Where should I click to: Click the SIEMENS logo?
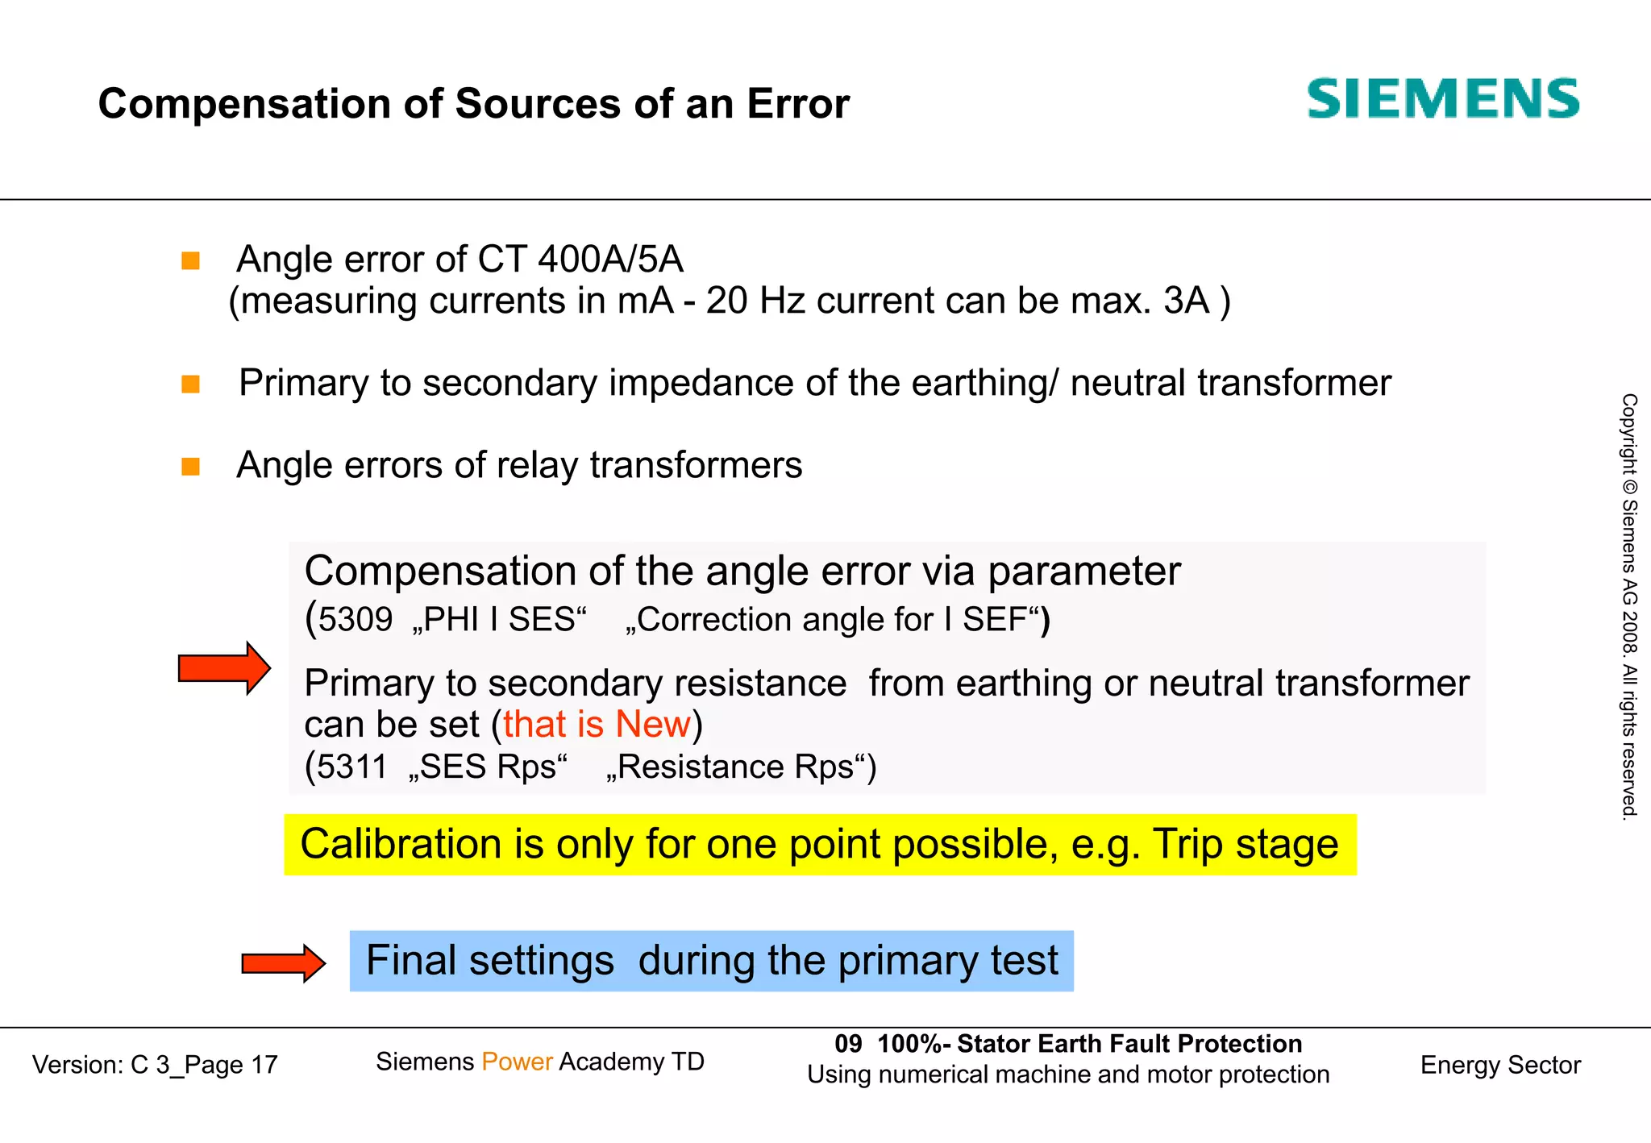(1442, 99)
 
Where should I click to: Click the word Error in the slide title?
(797, 104)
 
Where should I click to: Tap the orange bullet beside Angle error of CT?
(190, 260)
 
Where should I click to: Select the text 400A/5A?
(610, 260)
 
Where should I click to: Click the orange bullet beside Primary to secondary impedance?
(190, 384)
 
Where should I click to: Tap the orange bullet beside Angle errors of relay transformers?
(190, 467)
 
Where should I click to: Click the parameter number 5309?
(355, 620)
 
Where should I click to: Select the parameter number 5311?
(351, 767)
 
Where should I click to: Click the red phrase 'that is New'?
(597, 725)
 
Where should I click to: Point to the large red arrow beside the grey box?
(224, 668)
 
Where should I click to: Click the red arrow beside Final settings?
(283, 962)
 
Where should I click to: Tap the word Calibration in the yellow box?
(401, 845)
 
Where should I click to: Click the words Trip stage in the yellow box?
(1245, 845)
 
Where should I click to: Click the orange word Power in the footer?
(517, 1062)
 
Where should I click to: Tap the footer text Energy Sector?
(1499, 1066)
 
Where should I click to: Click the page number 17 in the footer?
(264, 1066)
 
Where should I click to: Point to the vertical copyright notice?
(1629, 606)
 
